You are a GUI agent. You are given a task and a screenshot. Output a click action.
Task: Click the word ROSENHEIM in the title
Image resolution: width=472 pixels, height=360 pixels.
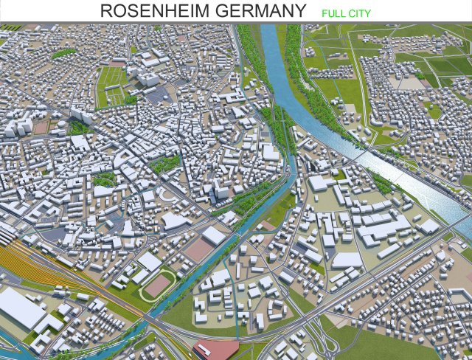point(153,11)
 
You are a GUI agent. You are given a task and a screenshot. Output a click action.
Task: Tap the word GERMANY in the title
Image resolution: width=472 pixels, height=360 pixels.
point(259,11)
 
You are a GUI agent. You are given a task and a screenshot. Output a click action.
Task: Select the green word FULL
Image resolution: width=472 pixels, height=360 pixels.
point(334,13)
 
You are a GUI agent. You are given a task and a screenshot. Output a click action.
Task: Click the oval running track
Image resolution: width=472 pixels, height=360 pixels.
point(159,284)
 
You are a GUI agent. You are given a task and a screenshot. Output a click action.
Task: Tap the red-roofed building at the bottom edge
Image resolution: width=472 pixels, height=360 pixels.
point(215,349)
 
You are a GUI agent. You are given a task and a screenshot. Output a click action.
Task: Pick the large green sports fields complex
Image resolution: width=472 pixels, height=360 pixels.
point(111,85)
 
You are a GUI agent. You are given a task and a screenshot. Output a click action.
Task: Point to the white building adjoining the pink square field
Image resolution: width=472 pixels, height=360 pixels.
point(213,235)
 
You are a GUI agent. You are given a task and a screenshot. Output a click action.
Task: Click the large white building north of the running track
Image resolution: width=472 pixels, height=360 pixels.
point(150,262)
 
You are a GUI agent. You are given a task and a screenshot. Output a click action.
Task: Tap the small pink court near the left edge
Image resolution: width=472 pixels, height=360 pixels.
point(41,127)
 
